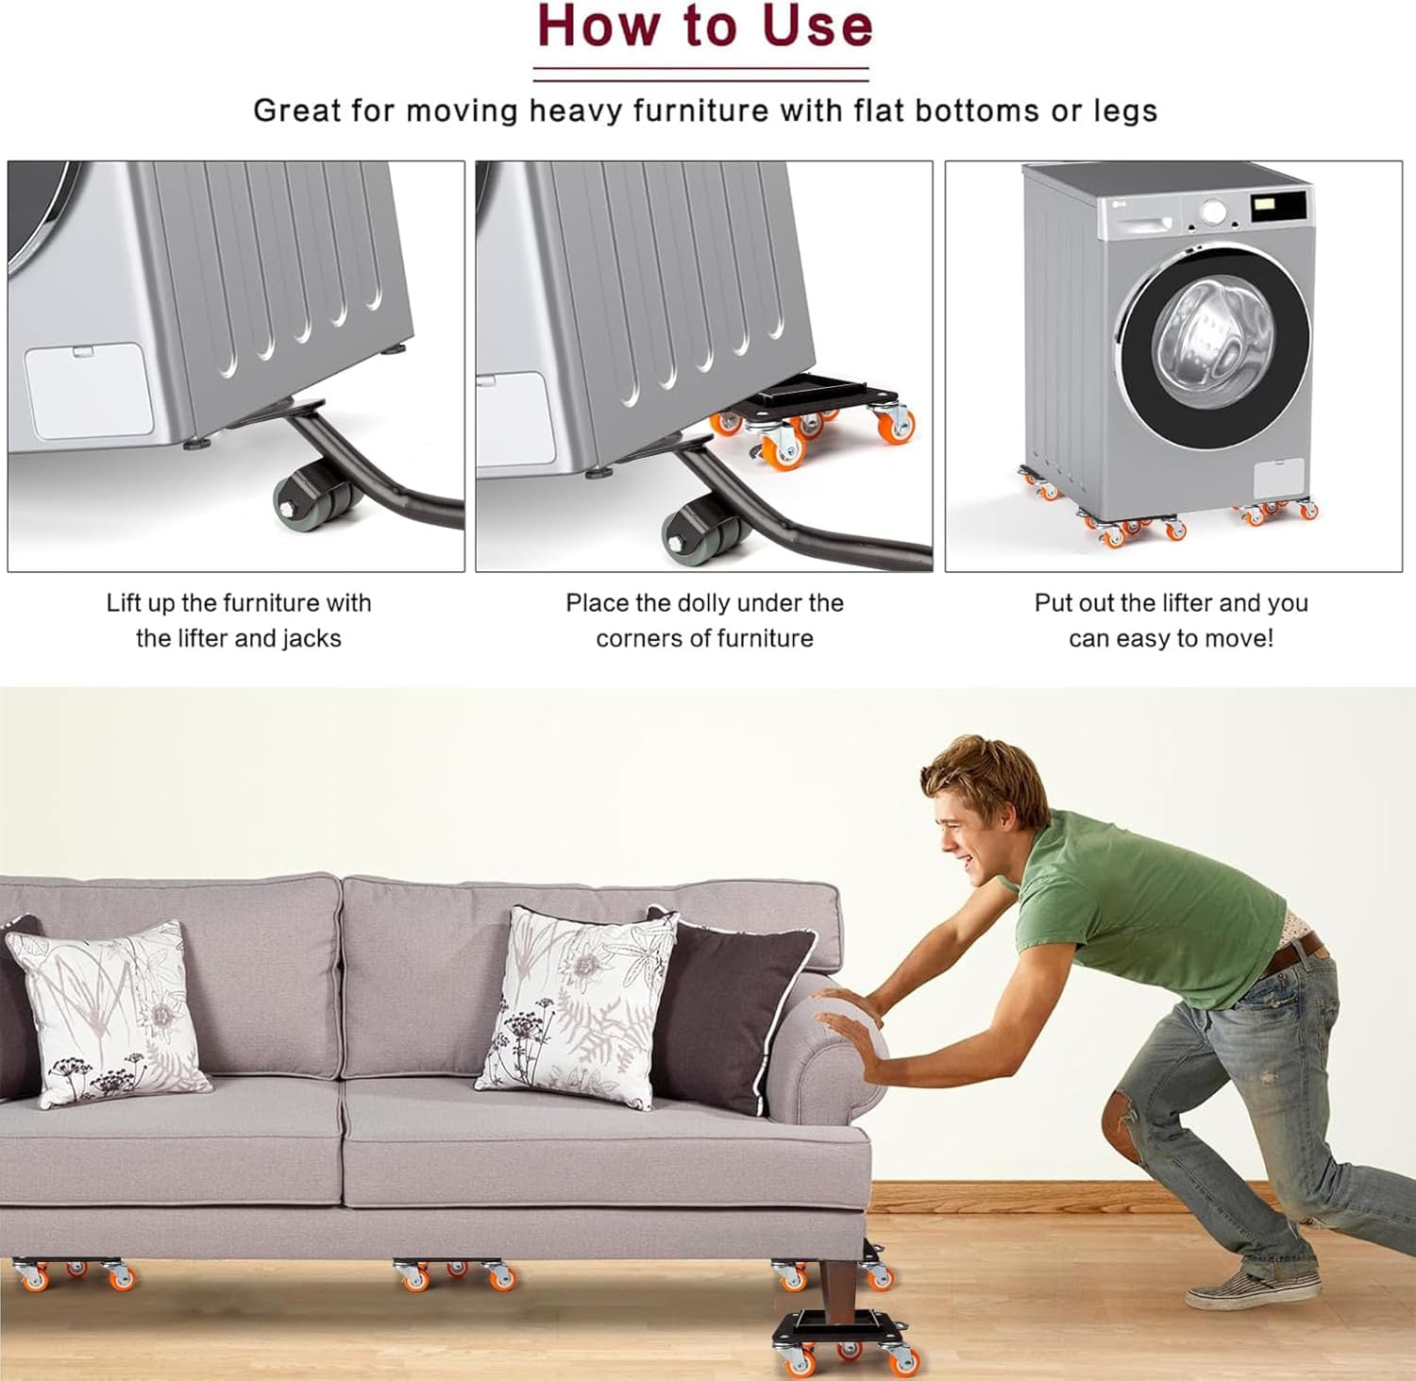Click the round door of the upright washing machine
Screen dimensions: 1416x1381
click(1216, 345)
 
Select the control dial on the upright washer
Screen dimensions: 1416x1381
click(1213, 211)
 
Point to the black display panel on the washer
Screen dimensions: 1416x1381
click(1278, 207)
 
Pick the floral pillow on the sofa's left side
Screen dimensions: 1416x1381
click(111, 1013)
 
